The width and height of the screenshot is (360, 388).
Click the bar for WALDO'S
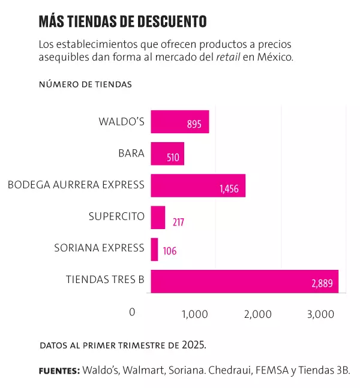tap(179, 121)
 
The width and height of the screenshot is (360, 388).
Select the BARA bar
tap(167, 154)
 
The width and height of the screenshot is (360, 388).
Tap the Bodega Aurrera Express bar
tap(198, 185)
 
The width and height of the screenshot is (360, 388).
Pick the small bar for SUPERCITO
tap(158, 217)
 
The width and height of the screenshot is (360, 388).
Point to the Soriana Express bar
tap(154, 249)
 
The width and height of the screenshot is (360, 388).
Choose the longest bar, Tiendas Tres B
tap(244, 281)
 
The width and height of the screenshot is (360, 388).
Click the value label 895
tap(194, 125)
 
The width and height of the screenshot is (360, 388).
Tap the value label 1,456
tap(229, 189)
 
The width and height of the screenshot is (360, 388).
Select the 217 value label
tap(178, 222)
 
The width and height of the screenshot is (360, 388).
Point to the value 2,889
tap(322, 284)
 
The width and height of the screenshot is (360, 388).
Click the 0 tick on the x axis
tap(133, 312)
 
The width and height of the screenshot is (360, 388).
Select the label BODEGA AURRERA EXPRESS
tap(76, 184)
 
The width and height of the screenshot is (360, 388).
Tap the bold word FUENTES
tap(59, 371)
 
